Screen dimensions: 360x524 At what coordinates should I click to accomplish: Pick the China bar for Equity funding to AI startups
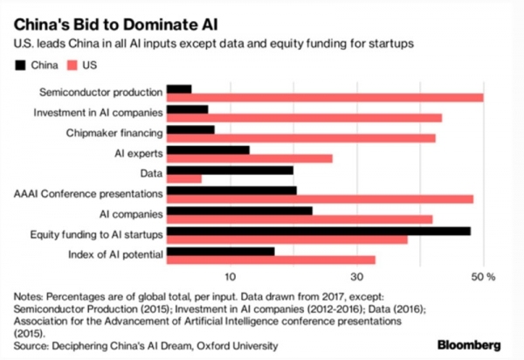(318, 231)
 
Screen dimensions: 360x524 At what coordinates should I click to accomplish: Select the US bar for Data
(183, 179)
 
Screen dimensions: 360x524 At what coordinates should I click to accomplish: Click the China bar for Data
(230, 170)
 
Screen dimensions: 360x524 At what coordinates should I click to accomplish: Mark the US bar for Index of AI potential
(271, 260)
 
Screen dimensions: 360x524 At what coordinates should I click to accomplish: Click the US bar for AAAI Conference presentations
(320, 199)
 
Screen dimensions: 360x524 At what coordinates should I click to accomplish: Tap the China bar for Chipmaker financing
(190, 130)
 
